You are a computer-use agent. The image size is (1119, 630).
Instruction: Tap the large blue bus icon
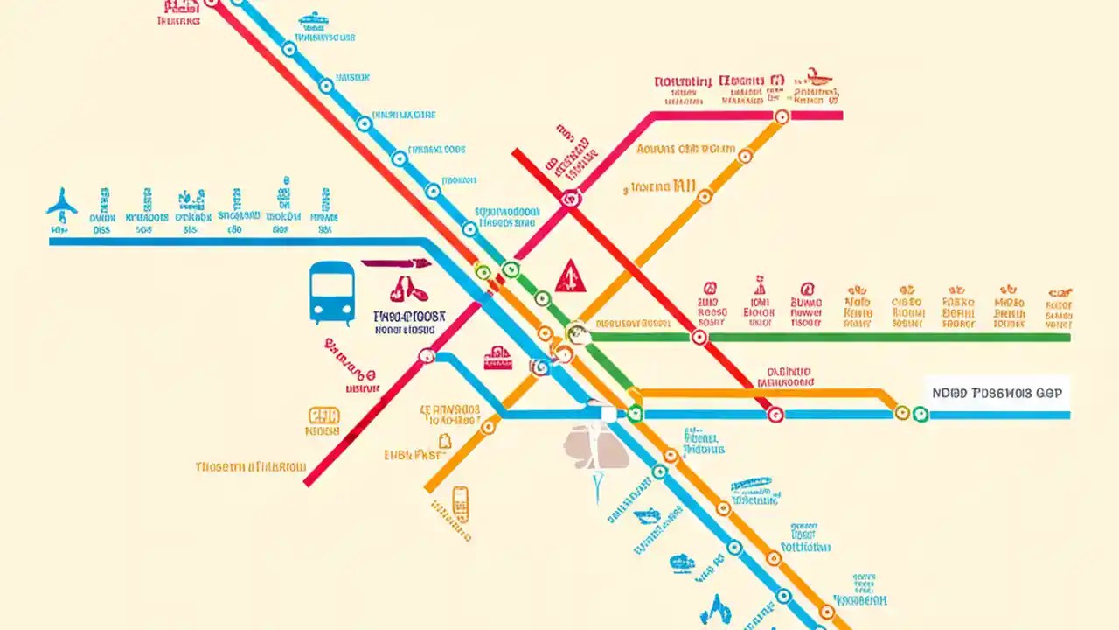(x=332, y=293)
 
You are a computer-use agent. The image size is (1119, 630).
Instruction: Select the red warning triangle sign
(x=570, y=276)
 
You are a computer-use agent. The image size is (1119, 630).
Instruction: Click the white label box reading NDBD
(x=997, y=393)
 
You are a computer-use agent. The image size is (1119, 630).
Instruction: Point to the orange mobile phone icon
(x=460, y=505)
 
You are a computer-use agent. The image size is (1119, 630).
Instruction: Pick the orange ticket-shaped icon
(x=323, y=415)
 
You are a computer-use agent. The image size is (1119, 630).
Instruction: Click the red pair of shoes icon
(x=404, y=289)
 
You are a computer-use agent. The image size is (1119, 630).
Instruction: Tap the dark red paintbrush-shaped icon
(x=396, y=262)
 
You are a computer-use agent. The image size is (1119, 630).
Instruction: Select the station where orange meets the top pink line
(x=782, y=115)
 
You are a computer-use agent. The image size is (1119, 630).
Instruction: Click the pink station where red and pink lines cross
(x=571, y=199)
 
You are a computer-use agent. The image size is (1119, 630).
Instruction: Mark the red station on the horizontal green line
(x=699, y=337)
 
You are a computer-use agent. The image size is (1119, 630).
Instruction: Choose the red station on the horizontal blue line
(x=775, y=415)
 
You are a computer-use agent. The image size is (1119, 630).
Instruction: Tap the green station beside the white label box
(x=920, y=414)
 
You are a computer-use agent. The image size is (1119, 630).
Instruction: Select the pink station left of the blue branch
(x=427, y=356)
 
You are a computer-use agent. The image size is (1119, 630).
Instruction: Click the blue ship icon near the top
(x=311, y=18)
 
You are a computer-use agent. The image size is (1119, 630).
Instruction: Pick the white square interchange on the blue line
(x=608, y=413)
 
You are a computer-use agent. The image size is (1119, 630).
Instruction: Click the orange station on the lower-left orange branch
(x=488, y=426)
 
